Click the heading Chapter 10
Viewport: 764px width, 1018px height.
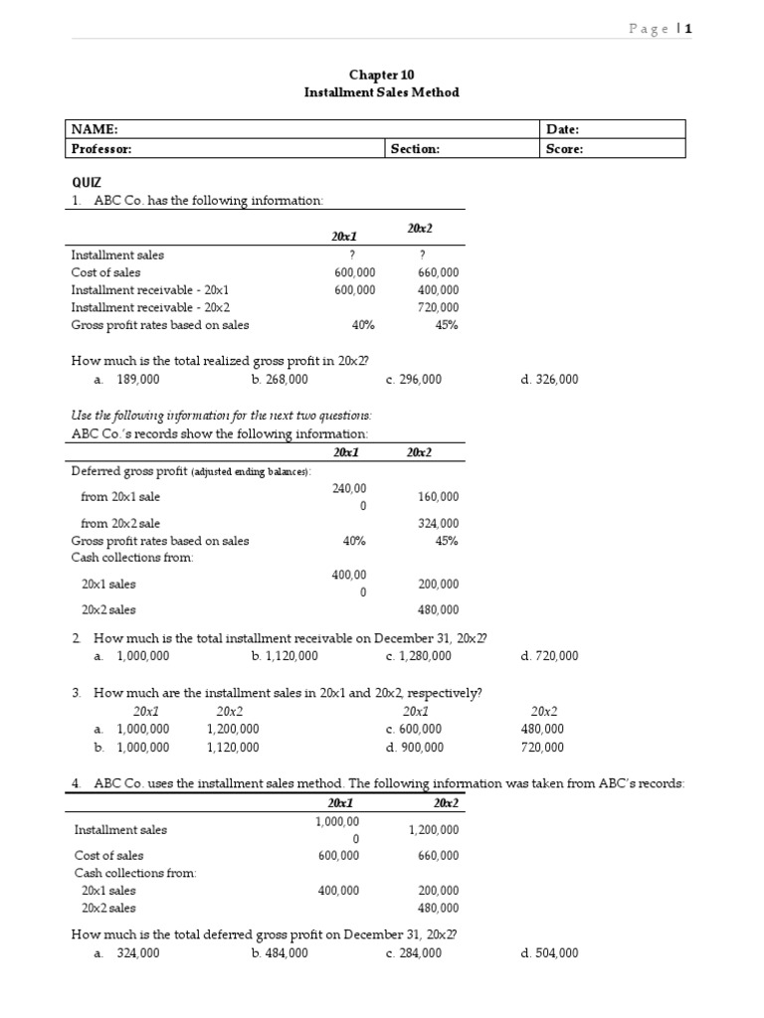click(381, 75)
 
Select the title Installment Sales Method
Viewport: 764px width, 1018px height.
click(381, 92)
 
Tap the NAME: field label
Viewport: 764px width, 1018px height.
click(95, 129)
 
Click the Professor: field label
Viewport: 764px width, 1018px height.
click(101, 148)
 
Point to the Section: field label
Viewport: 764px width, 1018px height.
click(416, 148)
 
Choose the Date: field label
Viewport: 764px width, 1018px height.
click(563, 129)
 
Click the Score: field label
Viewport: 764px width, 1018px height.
click(565, 148)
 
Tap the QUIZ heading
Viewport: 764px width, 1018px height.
click(87, 183)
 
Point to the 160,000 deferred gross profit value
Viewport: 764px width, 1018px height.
click(438, 497)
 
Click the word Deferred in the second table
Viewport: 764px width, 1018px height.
click(94, 469)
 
